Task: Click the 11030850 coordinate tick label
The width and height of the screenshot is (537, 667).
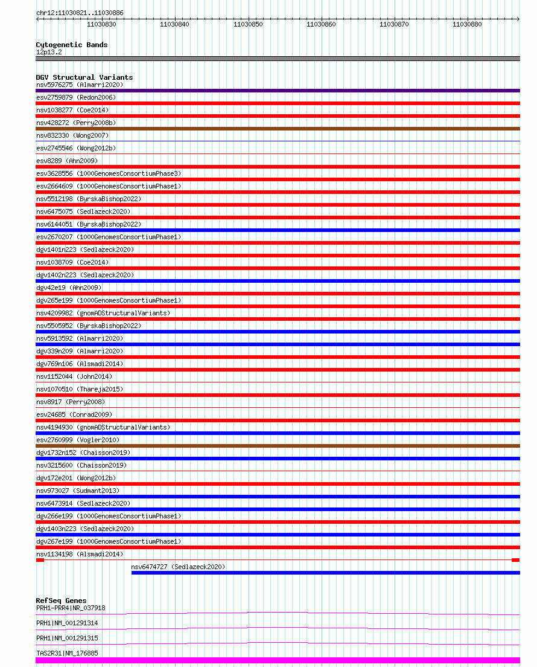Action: pyautogui.click(x=247, y=25)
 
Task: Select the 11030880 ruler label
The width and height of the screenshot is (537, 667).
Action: pyautogui.click(x=467, y=25)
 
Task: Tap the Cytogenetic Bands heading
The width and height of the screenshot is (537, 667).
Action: pyautogui.click(x=71, y=45)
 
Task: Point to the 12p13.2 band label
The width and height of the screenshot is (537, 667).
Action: pyautogui.click(x=49, y=52)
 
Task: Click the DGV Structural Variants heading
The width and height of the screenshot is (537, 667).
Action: pyautogui.click(x=84, y=77)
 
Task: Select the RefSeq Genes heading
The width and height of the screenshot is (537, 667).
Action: pyautogui.click(x=61, y=601)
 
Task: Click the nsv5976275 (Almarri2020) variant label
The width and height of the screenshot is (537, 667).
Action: pyautogui.click(x=80, y=85)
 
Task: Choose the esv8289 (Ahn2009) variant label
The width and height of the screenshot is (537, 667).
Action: pyautogui.click(x=66, y=161)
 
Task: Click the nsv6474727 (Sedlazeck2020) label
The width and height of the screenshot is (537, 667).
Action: pyautogui.click(x=178, y=567)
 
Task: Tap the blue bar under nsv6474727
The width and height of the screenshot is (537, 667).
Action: pyautogui.click(x=325, y=573)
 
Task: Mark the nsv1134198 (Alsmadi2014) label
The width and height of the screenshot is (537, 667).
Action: pyautogui.click(x=80, y=554)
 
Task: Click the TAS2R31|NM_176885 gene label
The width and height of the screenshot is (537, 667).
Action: pyautogui.click(x=67, y=653)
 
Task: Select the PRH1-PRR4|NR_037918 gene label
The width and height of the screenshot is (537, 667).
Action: pyautogui.click(x=71, y=608)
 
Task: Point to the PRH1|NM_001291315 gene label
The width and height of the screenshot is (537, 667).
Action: pyautogui.click(x=67, y=638)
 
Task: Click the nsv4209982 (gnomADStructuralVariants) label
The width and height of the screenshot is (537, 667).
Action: pyautogui.click(x=103, y=313)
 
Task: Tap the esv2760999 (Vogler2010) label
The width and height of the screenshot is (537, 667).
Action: pyautogui.click(x=78, y=440)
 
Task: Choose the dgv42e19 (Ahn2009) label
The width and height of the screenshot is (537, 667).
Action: pyautogui.click(x=69, y=288)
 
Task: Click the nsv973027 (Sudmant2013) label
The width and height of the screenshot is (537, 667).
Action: pyautogui.click(x=78, y=491)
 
